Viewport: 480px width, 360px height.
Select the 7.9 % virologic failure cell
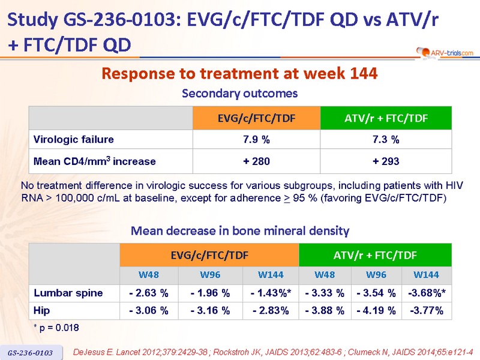tap(256, 140)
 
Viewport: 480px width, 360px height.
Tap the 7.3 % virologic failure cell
tap(385, 140)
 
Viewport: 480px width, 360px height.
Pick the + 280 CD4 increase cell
tap(256, 161)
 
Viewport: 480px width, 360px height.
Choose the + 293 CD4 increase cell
tap(385, 161)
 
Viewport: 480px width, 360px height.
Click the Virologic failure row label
tap(73, 140)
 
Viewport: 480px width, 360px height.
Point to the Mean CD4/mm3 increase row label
tap(95, 161)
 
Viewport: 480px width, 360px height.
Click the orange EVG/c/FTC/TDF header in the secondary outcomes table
tap(256, 118)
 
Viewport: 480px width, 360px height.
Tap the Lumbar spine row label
tap(68, 293)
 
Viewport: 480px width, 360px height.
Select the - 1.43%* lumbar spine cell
tap(271, 293)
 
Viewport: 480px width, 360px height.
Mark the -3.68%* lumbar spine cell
tap(427, 293)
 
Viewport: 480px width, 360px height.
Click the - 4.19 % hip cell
tap(376, 310)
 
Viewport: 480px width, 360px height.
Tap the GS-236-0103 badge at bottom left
tap(31, 352)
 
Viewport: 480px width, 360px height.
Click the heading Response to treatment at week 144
tap(239, 74)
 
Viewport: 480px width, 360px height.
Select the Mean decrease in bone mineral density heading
tap(239, 230)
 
